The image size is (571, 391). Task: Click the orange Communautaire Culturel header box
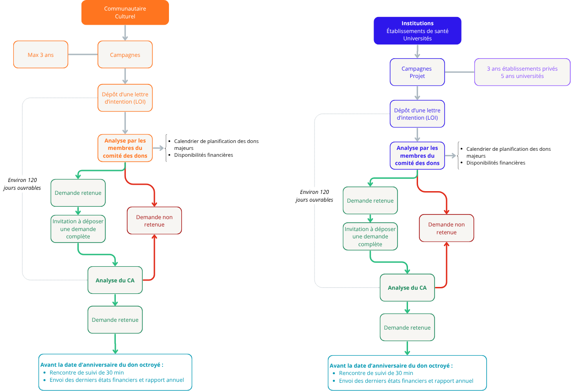pos(125,12)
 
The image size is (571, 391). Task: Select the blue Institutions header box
pos(417,31)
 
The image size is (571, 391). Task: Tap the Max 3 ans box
pos(41,55)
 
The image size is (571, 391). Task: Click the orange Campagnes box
pos(125,55)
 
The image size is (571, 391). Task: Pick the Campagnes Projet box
pos(417,72)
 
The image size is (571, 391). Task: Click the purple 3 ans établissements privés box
pos(522,72)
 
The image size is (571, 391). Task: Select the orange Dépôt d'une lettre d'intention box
pos(125,98)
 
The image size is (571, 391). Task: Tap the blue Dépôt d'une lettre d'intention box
pos(417,114)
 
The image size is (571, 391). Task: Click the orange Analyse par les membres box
pos(125,148)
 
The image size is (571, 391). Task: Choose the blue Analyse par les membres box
pos(417,155)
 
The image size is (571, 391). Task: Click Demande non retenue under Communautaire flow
pos(154,220)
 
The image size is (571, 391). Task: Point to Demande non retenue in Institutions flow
pos(446,228)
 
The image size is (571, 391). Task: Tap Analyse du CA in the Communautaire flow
pos(115,280)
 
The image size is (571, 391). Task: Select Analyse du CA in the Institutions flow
pos(407,288)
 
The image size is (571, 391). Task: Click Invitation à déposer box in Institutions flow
pos(370,237)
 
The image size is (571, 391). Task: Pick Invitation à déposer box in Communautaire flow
pos(78,229)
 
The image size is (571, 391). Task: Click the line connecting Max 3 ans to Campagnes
pos(83,55)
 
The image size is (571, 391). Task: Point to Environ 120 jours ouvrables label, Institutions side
pos(314,196)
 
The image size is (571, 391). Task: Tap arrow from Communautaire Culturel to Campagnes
pos(125,33)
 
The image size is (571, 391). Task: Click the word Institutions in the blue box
pos(417,23)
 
